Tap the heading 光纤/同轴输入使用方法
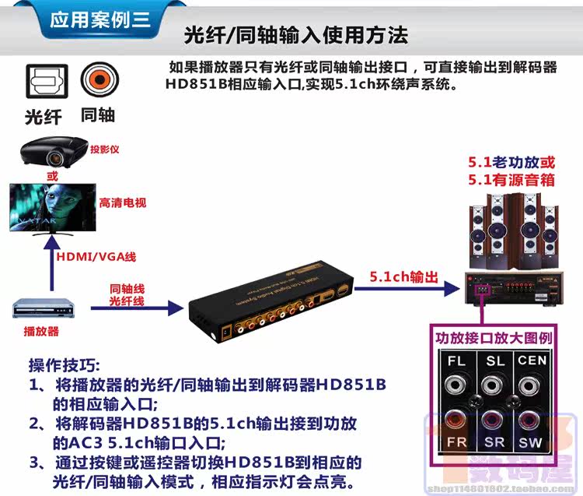click(295, 35)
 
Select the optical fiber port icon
click(43, 80)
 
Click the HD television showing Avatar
click(51, 206)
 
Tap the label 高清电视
click(123, 203)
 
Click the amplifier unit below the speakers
click(512, 289)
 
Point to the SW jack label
click(530, 442)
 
